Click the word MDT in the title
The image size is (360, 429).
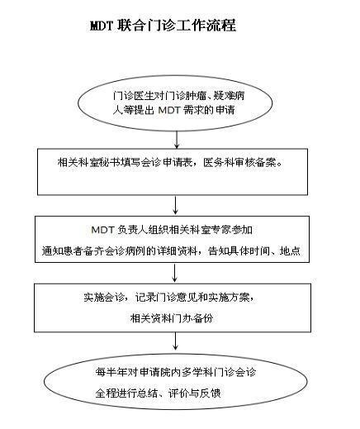click(x=102, y=26)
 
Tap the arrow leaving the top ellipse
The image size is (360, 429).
click(x=177, y=140)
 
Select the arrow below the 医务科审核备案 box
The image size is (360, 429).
click(x=175, y=205)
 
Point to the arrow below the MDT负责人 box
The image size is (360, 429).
click(x=174, y=273)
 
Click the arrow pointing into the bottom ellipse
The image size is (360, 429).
click(x=175, y=341)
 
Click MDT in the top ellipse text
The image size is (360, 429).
click(x=169, y=110)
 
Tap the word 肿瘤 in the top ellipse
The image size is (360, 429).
click(x=196, y=96)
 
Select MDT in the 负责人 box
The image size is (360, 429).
click(x=102, y=229)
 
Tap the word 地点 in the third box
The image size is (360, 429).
click(x=290, y=250)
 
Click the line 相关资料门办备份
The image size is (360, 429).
click(x=172, y=318)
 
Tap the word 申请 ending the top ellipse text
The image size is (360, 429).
click(x=225, y=110)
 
